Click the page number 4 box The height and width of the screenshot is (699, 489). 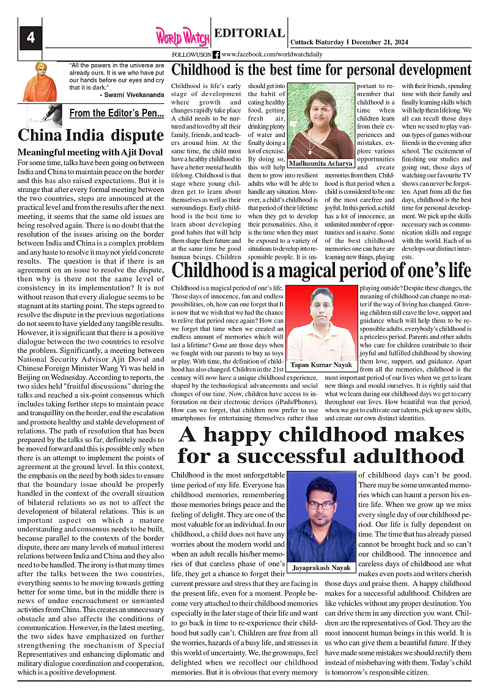(x=30, y=38)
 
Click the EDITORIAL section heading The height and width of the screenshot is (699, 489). (x=249, y=34)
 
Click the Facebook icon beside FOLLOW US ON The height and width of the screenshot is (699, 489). (x=216, y=54)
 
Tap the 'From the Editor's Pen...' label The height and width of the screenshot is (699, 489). (x=116, y=113)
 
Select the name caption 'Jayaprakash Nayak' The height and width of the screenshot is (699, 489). (x=321, y=568)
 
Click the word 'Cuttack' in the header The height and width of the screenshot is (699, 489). (x=302, y=42)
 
